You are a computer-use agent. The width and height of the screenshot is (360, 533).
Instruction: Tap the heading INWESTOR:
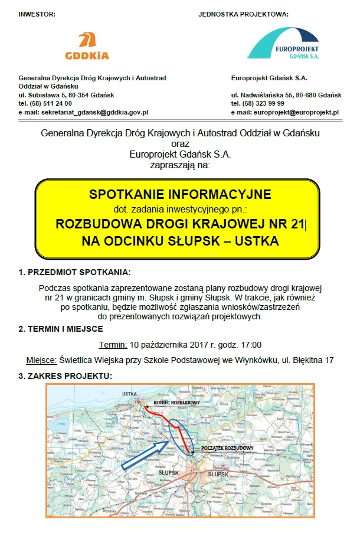(37, 14)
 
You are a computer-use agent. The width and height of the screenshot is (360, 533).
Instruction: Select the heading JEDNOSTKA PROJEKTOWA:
(244, 14)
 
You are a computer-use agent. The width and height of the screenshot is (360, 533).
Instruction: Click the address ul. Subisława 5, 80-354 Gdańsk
(66, 94)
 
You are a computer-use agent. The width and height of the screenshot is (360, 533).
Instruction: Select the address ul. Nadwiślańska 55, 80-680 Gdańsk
(286, 94)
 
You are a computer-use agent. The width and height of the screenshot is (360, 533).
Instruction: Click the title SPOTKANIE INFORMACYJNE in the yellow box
(179, 194)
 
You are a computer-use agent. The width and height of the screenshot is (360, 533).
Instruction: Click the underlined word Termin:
(112, 345)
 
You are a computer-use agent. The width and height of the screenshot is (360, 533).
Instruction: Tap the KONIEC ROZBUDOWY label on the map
(176, 402)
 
